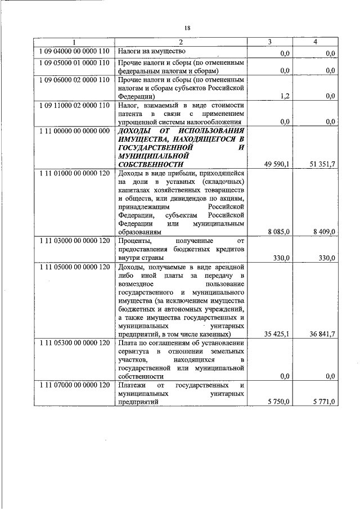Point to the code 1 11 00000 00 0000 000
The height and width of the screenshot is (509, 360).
coord(74,130)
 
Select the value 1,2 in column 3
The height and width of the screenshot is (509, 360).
coord(285,96)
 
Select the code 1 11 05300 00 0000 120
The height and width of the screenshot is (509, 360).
coord(74,343)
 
